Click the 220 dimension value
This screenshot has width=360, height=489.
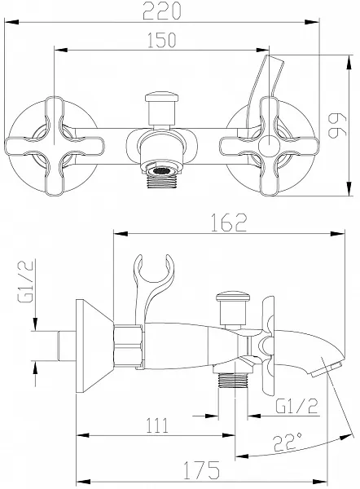click(x=161, y=11)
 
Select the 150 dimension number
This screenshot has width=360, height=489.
click(x=161, y=40)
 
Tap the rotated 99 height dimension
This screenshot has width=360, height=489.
click(x=338, y=126)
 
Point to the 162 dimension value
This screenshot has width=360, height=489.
click(x=229, y=222)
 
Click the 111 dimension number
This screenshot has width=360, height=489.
click(x=157, y=425)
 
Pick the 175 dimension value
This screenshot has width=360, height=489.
click(x=201, y=469)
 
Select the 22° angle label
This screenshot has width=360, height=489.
click(x=287, y=441)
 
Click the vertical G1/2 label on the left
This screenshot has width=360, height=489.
click(x=25, y=281)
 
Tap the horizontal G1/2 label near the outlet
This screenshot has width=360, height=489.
click(x=297, y=406)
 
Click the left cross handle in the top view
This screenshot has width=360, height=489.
click(x=55, y=146)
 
